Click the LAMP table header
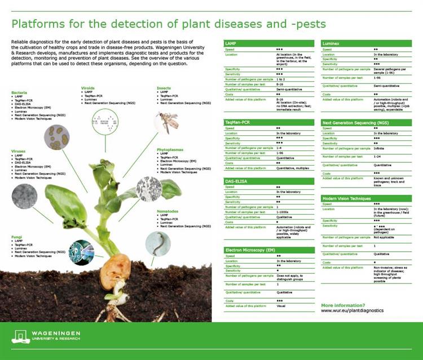click(232, 43)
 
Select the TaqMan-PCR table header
click(238, 122)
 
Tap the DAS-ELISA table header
click(237, 181)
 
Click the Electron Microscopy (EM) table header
click(249, 249)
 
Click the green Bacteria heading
click(20, 92)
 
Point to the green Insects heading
click(164, 88)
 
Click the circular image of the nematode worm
click(157, 243)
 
